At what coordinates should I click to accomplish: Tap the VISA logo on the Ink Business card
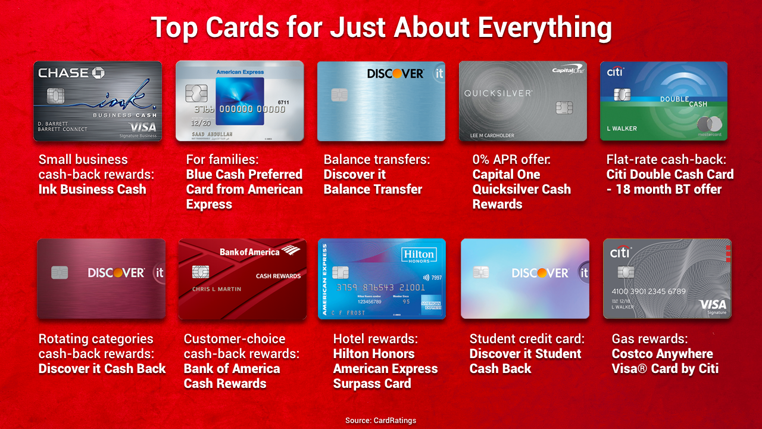pos(143,128)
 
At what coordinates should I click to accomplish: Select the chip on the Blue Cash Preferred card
pos(196,93)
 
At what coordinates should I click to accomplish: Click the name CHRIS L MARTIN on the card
pos(217,289)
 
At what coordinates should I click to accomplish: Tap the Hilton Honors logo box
pos(419,256)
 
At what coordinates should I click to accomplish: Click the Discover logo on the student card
pos(541,273)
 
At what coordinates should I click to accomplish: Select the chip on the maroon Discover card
pos(60,272)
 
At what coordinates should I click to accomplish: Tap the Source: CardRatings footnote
pos(380,421)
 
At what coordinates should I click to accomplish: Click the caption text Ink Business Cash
pos(92,189)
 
